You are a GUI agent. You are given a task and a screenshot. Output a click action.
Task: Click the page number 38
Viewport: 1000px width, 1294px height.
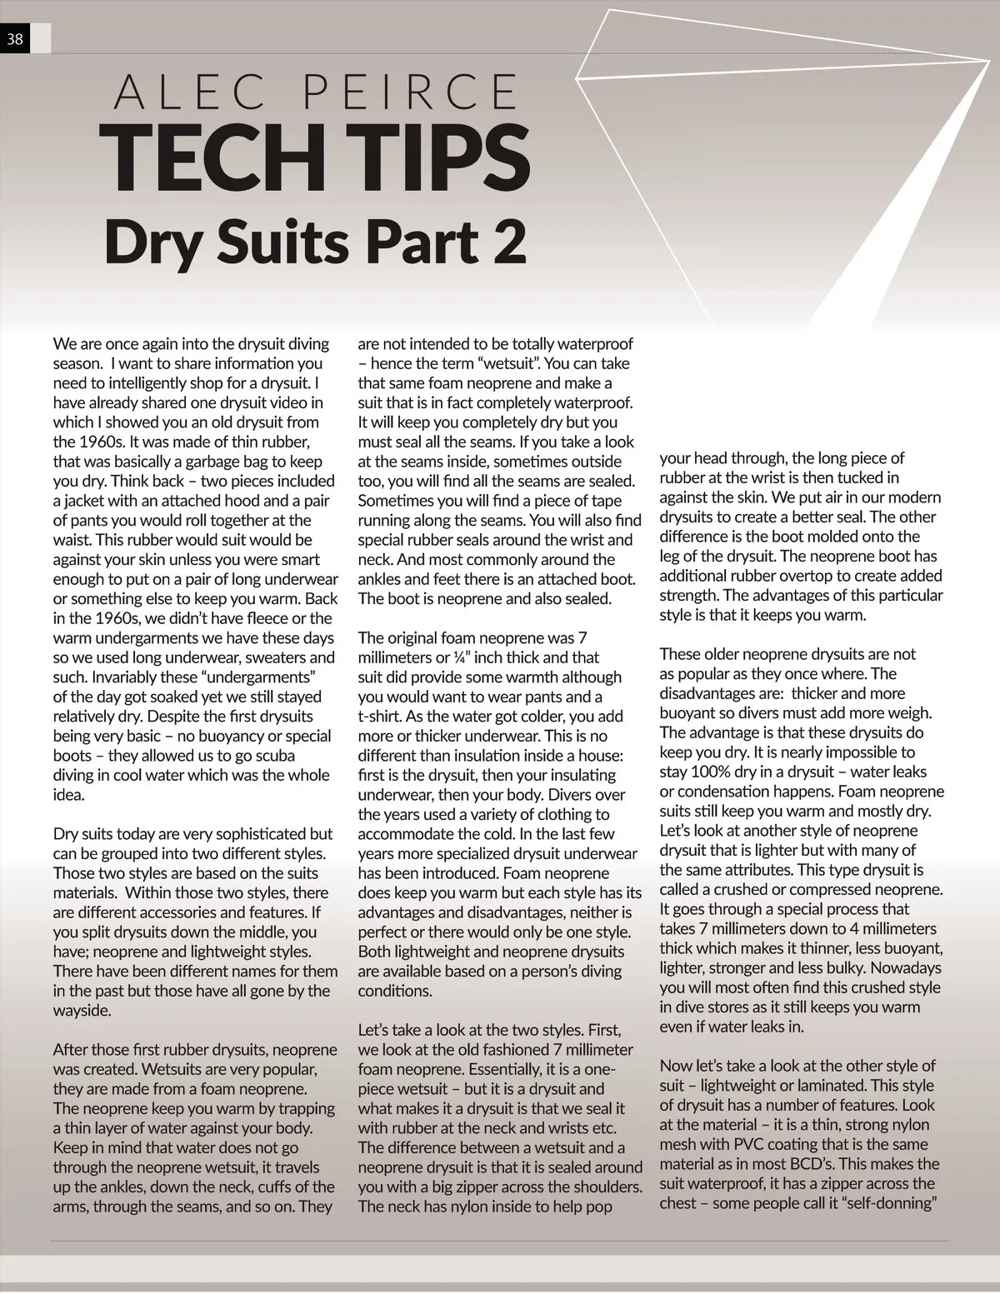[x=15, y=38]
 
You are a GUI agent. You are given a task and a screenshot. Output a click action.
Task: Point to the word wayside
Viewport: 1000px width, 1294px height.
[x=82, y=1011]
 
